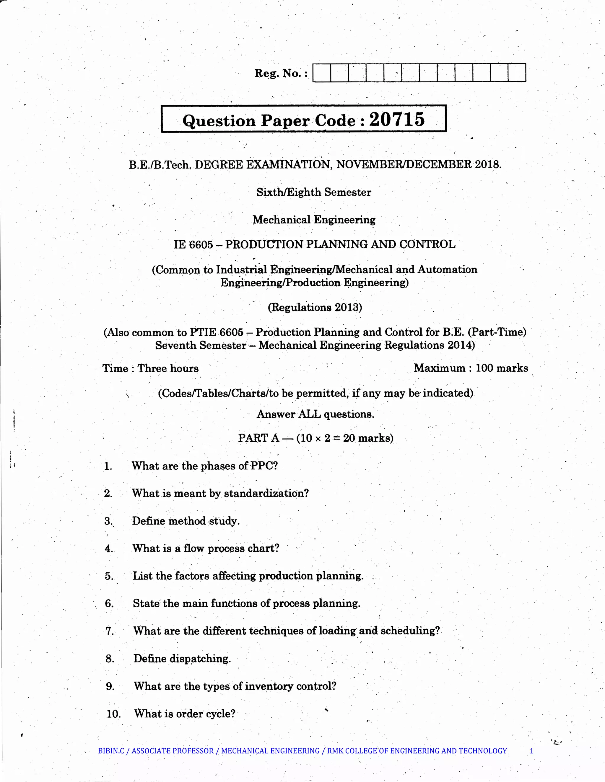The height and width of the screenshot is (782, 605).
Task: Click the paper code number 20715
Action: click(397, 119)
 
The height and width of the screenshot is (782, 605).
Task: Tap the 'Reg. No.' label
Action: click(281, 74)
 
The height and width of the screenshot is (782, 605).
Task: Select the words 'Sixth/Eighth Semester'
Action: click(314, 192)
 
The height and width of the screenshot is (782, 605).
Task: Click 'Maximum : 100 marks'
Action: click(471, 368)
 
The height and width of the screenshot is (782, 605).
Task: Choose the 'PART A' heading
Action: click(258, 438)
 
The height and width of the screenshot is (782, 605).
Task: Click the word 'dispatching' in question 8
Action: click(199, 659)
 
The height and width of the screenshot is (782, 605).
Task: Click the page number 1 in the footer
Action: click(531, 751)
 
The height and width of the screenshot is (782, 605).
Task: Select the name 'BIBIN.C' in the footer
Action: click(111, 751)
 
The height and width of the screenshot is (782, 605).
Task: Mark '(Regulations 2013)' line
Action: click(315, 307)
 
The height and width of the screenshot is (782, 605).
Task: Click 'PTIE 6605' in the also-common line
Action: click(217, 332)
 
